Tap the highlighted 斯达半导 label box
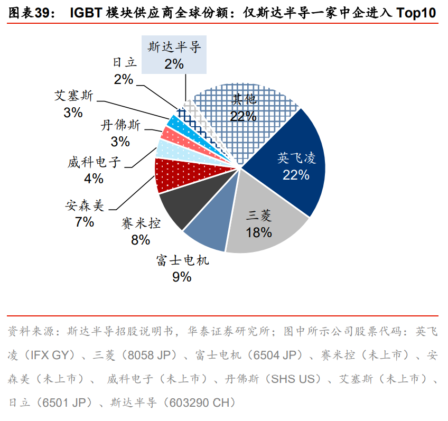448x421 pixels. tap(174, 55)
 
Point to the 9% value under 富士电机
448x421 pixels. tap(182, 276)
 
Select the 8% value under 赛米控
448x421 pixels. tap(141, 239)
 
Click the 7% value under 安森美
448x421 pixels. tap(85, 221)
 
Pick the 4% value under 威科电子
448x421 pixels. tap(94, 179)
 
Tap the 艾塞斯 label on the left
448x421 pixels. tap(74, 96)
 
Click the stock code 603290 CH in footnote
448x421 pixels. tap(203, 403)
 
